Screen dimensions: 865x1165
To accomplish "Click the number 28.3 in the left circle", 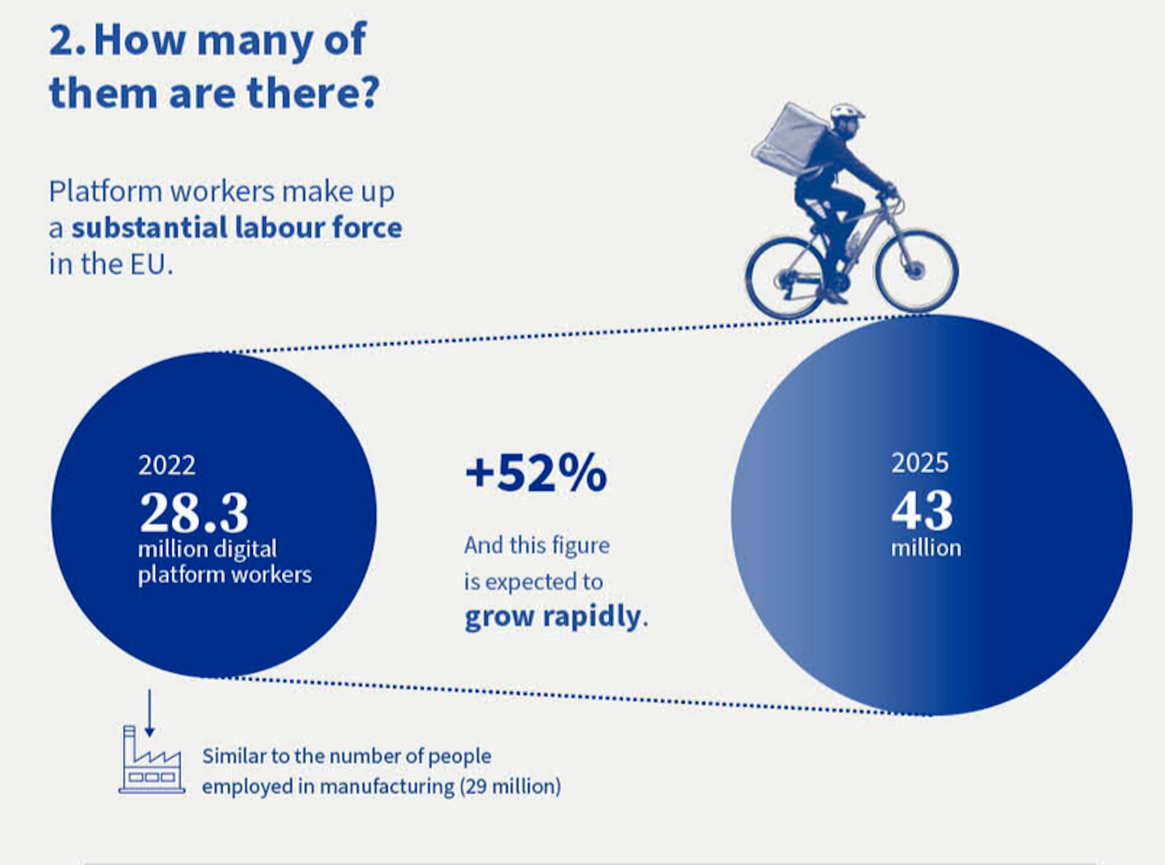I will pos(194,513).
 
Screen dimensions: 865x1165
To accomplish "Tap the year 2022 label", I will pos(167,466).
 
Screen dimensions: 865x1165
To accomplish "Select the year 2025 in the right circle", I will pos(919,463).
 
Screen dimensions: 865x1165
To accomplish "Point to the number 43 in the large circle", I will pos(922,511).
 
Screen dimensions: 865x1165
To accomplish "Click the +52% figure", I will pos(536,474).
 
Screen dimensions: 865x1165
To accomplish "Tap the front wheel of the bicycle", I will pos(916,271).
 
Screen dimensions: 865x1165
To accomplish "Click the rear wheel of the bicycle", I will pos(786,278).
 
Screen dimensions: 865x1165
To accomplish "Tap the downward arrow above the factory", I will pos(149,713).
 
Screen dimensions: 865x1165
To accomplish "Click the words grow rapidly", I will pos(552,617).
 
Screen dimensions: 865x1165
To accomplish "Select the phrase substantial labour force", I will pos(237,228).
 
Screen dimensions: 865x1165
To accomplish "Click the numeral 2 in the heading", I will pos(62,40).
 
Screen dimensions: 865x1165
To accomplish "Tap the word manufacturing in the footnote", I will pos(387,787).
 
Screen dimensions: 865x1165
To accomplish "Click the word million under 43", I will pos(926,548).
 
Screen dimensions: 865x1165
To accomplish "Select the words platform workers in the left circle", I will pos(225,574).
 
